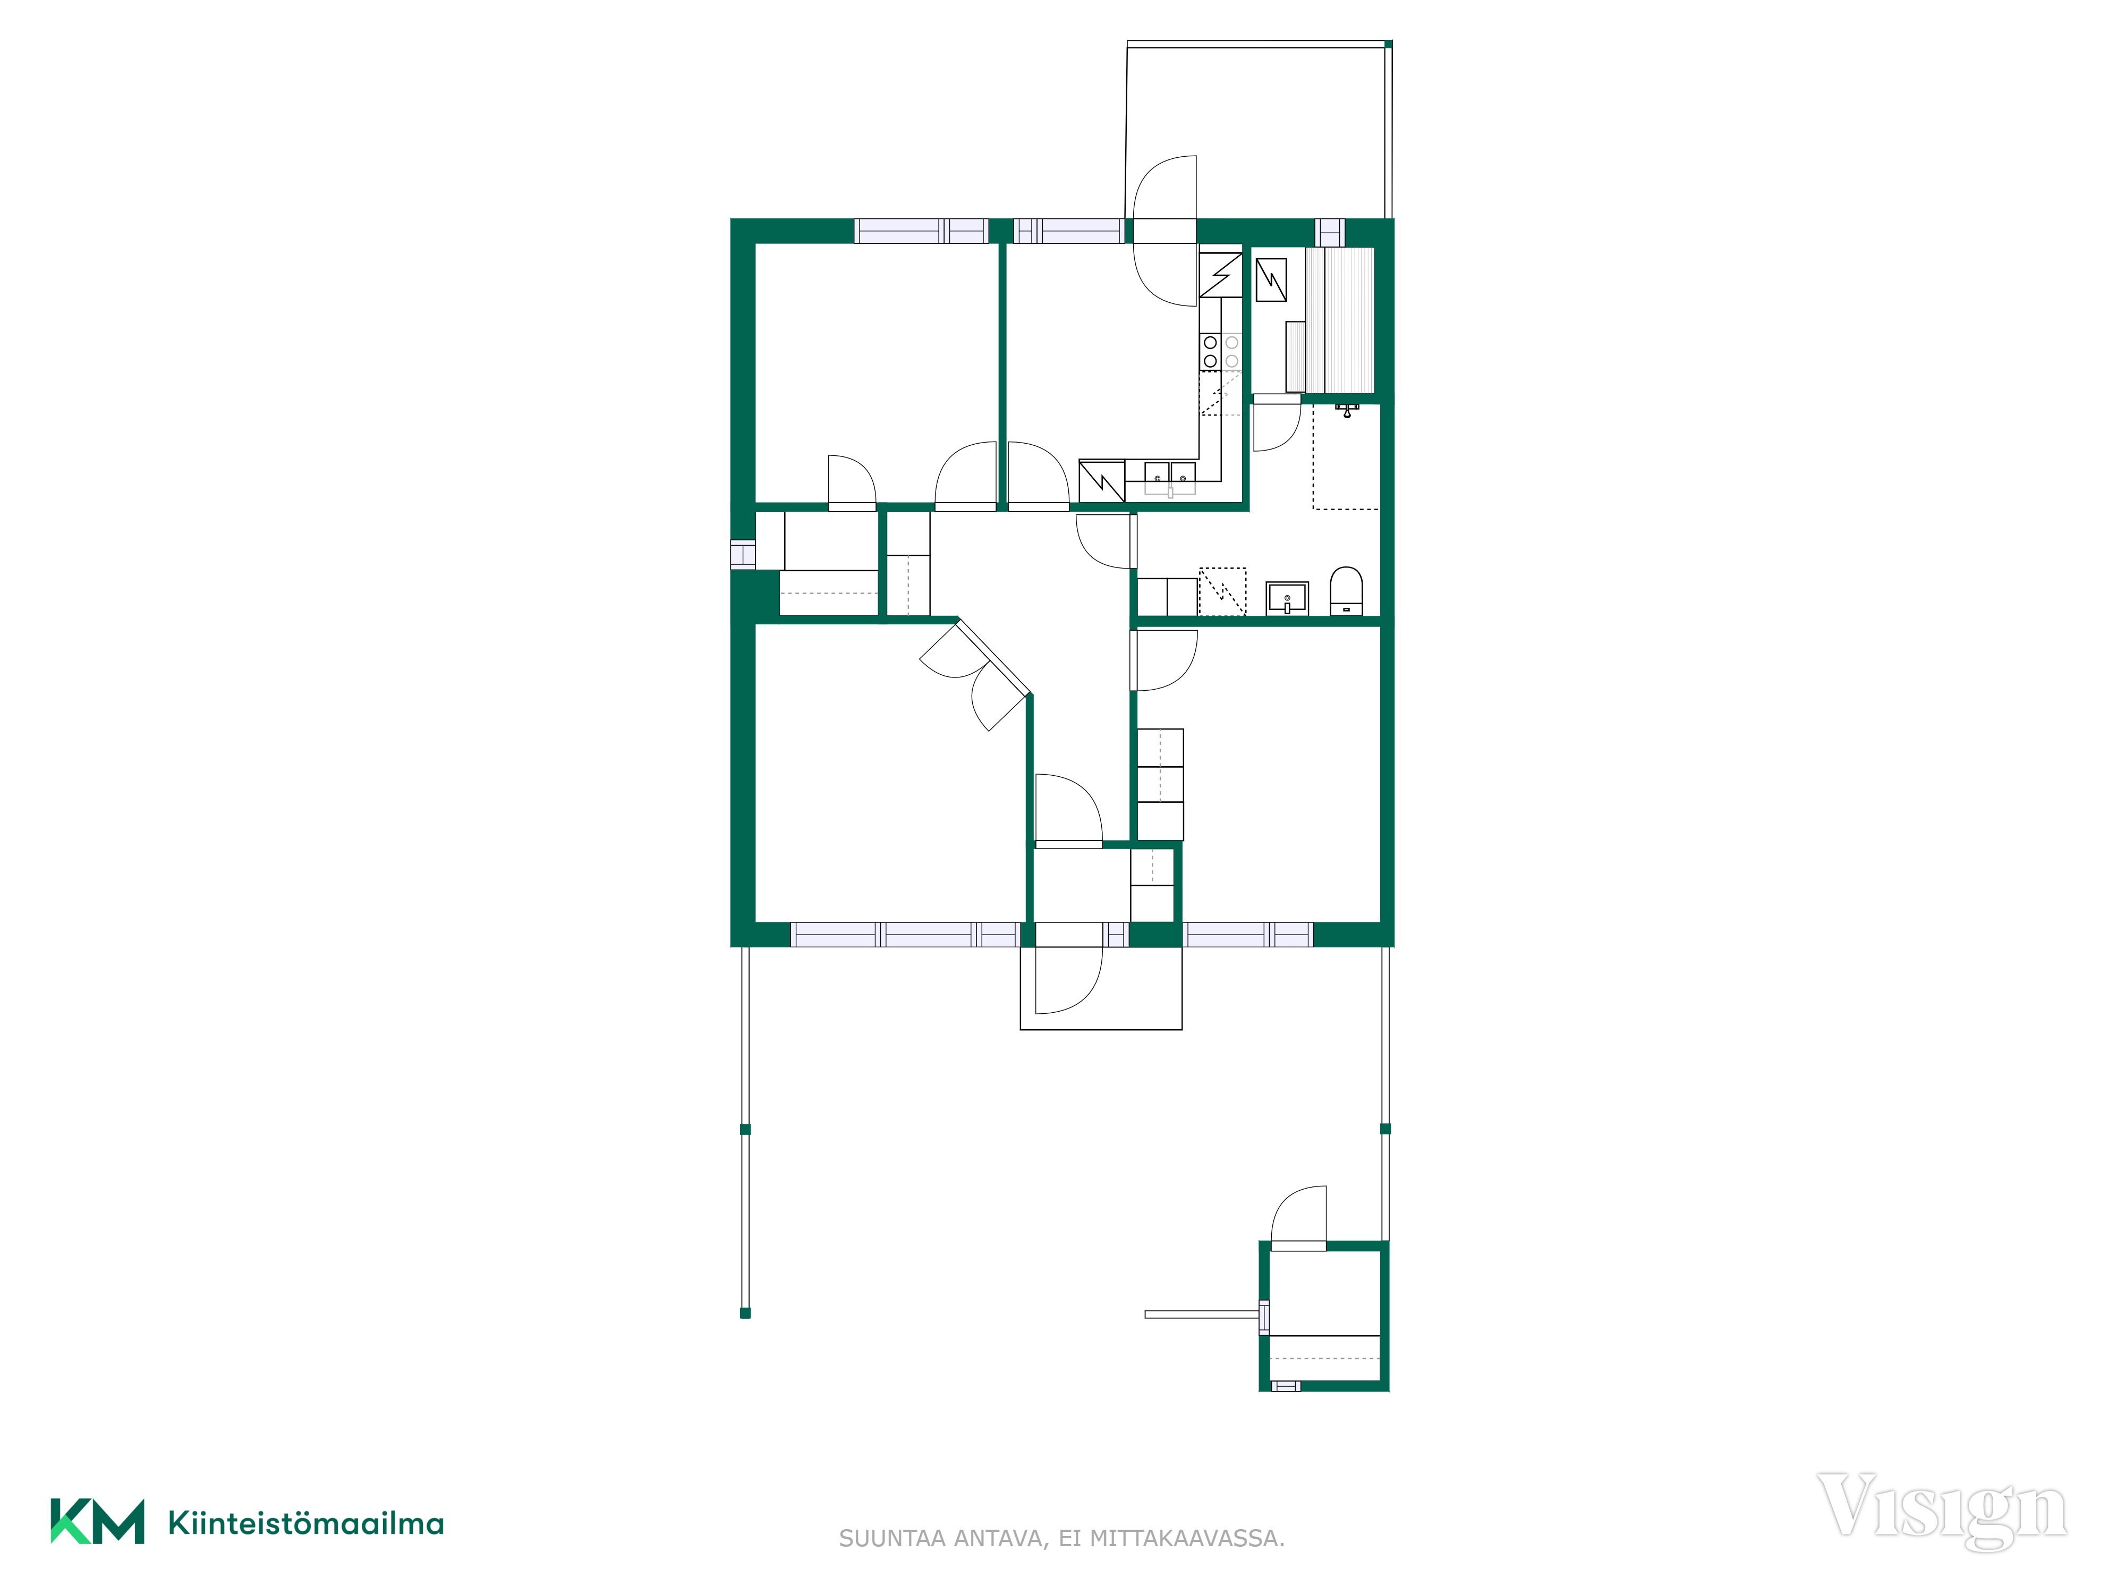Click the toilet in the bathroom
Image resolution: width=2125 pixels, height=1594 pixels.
click(x=1346, y=590)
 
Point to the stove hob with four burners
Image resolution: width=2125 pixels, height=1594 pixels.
click(x=1221, y=352)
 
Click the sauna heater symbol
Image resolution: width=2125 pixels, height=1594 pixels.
click(x=1271, y=279)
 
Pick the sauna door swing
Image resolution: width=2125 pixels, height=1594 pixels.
click(x=1277, y=423)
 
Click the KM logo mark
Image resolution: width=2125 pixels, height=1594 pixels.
click(x=97, y=1521)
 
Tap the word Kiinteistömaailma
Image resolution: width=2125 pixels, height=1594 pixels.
click(x=305, y=1523)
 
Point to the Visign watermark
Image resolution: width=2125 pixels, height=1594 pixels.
click(x=1942, y=1511)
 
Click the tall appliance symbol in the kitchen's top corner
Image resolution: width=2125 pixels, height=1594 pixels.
click(x=1221, y=274)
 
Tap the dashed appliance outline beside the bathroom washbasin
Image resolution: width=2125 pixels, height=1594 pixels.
click(x=1222, y=591)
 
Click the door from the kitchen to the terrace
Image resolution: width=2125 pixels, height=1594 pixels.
click(x=1165, y=231)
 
